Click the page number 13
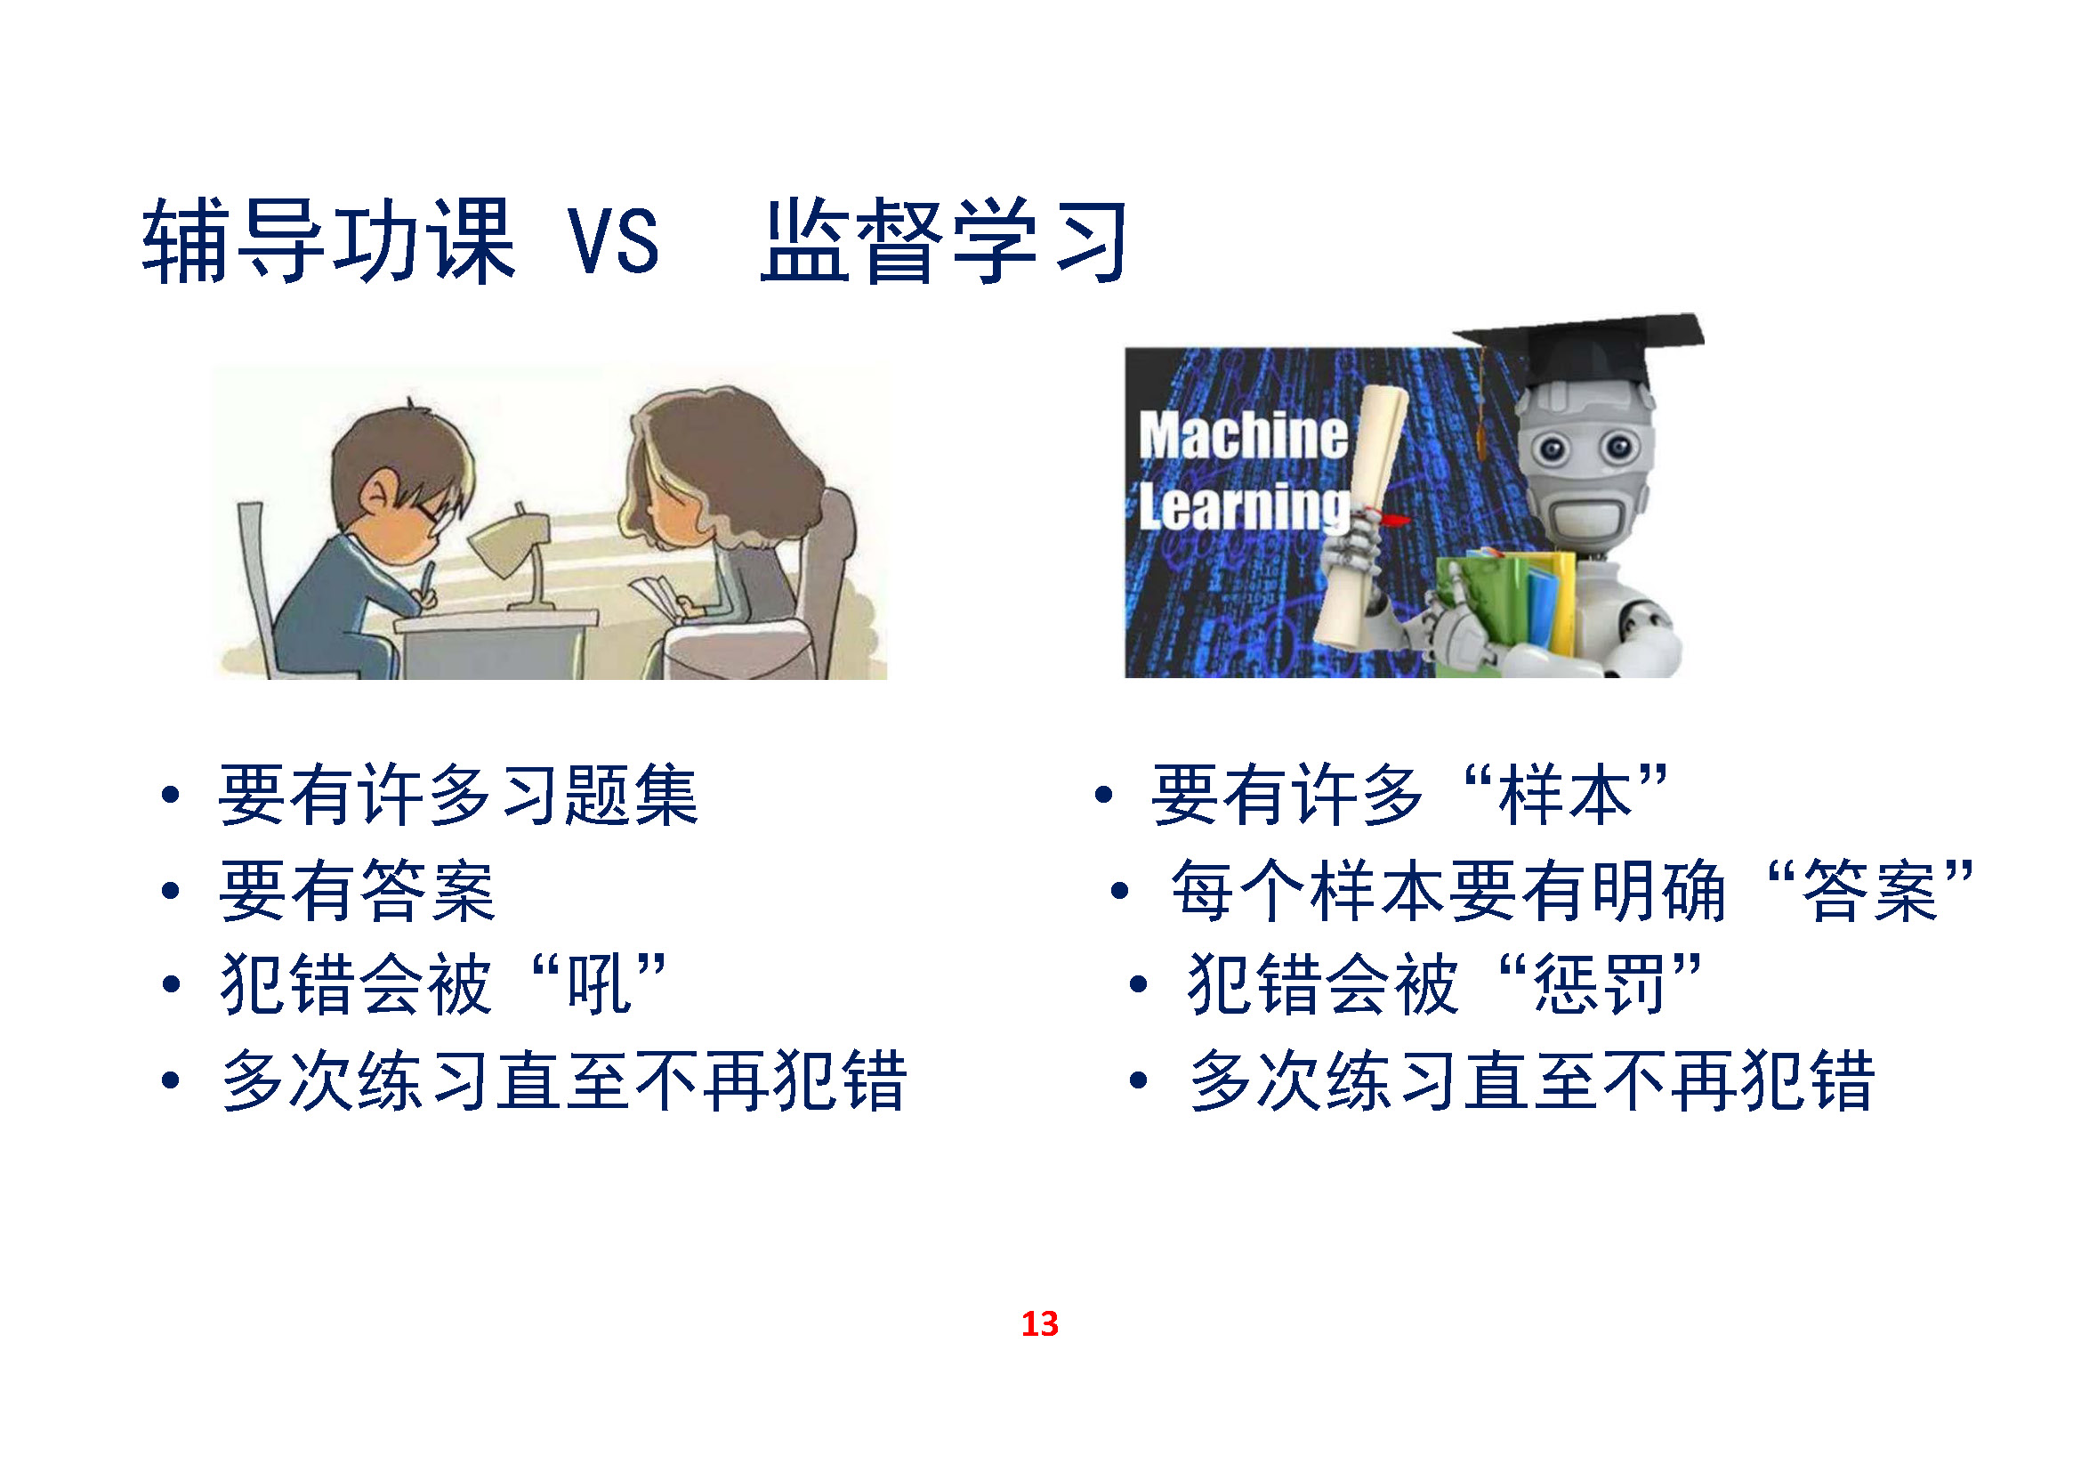[x=1039, y=1324]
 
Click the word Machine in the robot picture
[x=1244, y=435]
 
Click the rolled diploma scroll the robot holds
[x=1359, y=517]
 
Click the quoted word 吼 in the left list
[x=598, y=984]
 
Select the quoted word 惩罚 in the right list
[x=1600, y=984]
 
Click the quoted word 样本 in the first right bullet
[x=1565, y=795]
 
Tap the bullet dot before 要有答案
[x=171, y=891]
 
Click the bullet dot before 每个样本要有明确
[x=1120, y=891]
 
